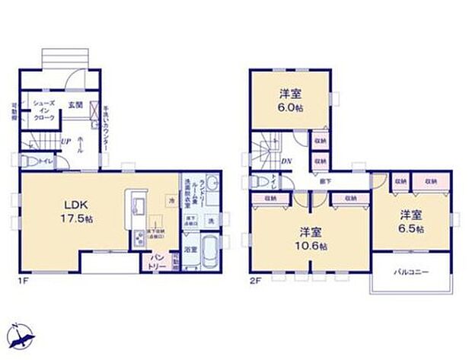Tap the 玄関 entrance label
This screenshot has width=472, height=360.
[x=75, y=104]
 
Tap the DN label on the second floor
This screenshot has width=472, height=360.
[x=285, y=161]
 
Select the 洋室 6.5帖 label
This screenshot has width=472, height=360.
[x=411, y=221]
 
